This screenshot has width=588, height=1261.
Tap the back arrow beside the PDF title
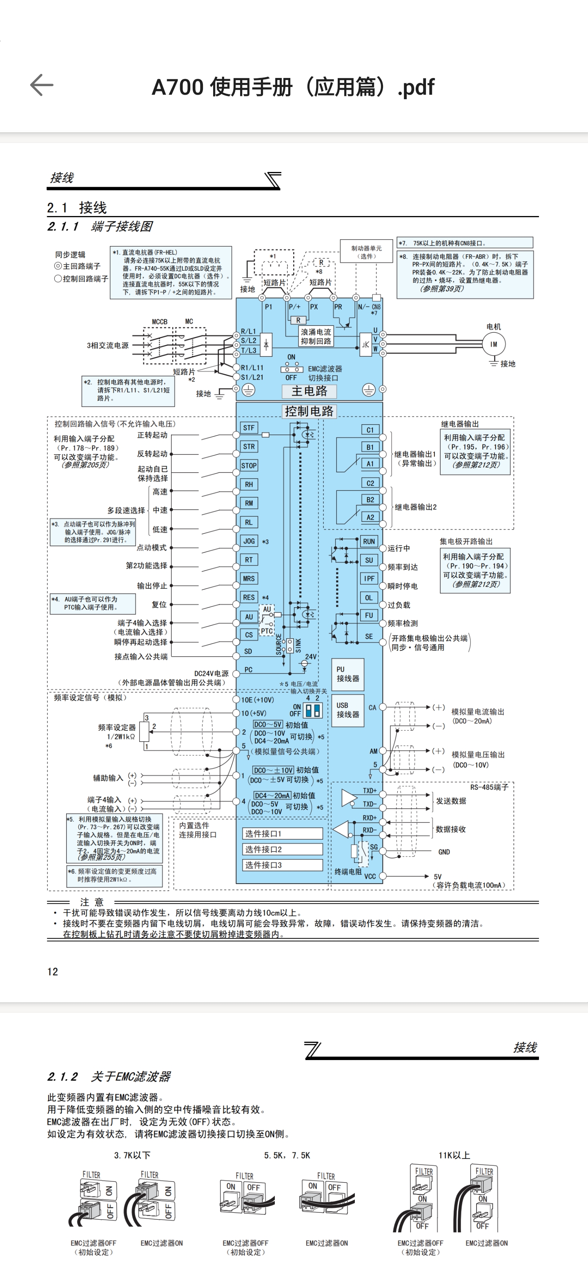pos(42,85)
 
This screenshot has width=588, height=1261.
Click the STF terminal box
pos(249,428)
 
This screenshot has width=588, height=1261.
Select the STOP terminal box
pos(249,466)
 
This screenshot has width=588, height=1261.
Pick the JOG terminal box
pos(249,541)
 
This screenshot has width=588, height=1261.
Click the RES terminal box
pos(249,597)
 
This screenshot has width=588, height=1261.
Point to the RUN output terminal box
pos(369,541)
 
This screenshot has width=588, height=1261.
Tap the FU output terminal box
pos(369,616)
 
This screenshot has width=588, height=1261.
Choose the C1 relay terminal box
pos(370,430)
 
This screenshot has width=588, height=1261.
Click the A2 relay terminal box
pos(370,517)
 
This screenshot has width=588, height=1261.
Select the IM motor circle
pos(494,344)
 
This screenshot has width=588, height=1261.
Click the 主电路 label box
pos(310,391)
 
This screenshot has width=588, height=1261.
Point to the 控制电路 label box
pos(310,411)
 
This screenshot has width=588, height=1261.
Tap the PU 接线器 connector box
pos(347,674)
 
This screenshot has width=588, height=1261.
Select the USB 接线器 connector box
pos(347,710)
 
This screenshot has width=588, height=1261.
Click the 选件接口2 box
pos(283,849)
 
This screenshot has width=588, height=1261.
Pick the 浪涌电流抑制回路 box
pos(316,336)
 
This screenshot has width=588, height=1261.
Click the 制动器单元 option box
pos(367,252)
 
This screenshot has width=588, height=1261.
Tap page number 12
pos(52,972)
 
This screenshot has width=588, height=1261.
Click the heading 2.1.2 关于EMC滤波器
pos(109,1076)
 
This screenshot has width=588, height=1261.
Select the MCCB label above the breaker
pos(160,322)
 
